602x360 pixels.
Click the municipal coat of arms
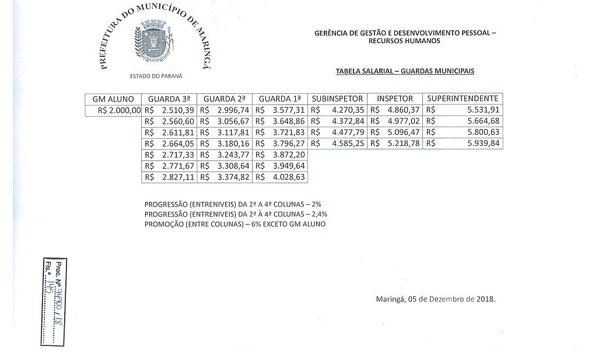(154, 42)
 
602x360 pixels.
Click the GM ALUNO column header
(113, 99)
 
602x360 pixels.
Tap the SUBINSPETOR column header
(337, 99)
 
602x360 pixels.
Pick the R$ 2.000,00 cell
(114, 110)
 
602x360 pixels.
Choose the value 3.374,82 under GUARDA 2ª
(232, 177)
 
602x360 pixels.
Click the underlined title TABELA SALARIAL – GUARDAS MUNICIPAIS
(405, 71)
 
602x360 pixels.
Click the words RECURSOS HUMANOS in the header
(405, 41)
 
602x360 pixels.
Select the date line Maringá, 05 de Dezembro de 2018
(436, 299)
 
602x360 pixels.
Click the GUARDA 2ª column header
(225, 99)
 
